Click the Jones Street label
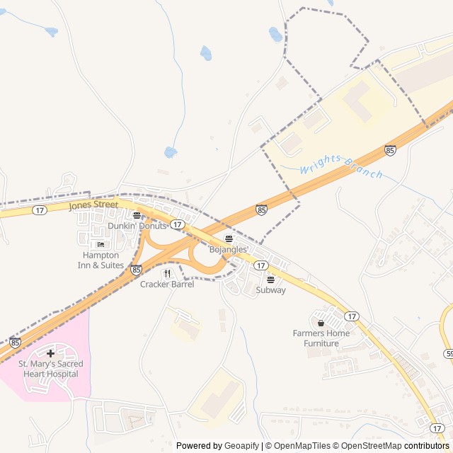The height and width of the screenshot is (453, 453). point(93,205)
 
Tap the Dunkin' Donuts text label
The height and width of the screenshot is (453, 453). point(137,226)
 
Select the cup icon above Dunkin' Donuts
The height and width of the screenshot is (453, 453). point(137,215)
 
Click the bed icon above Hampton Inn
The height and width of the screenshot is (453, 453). point(100,245)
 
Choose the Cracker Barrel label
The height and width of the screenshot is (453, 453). point(167,284)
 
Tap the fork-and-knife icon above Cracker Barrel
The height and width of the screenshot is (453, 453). point(167,273)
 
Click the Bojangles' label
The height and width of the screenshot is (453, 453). point(229,249)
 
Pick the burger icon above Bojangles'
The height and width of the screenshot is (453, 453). point(228,239)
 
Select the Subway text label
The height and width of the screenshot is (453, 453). point(270,289)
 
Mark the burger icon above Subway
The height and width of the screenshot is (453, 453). point(270,280)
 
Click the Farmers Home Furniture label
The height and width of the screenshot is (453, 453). point(321,338)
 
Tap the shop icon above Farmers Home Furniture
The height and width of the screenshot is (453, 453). point(321,323)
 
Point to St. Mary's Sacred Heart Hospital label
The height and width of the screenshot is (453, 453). point(50,369)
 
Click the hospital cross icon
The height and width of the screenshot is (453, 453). point(50,352)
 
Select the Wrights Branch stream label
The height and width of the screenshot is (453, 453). point(340,167)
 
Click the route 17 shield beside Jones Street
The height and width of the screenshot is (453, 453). point(39,210)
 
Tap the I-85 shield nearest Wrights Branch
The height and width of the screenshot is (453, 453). point(390,149)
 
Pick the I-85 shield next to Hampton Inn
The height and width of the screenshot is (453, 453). point(136,269)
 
